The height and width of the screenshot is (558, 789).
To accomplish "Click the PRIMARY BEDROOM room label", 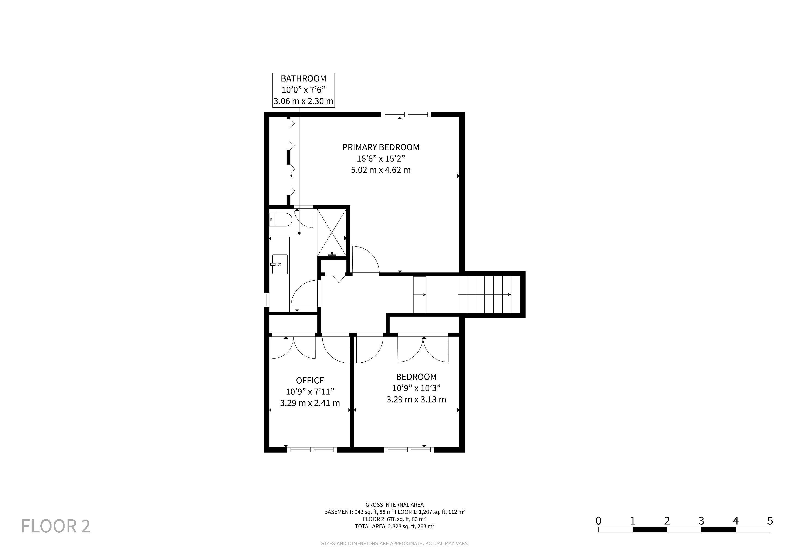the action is [x=381, y=147].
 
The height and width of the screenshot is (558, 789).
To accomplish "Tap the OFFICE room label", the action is [x=310, y=380].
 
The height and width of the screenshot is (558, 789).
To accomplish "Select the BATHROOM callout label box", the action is [x=304, y=90].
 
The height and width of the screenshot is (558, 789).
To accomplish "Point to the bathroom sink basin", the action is [x=280, y=264].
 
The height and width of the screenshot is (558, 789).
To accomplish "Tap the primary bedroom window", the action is [x=406, y=114].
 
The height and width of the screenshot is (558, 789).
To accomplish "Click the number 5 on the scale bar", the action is [x=770, y=521].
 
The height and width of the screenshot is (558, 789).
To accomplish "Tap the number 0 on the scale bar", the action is [x=599, y=521].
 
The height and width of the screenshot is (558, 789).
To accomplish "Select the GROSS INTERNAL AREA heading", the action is [x=394, y=505].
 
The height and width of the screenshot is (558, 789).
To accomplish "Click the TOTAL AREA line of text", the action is [x=394, y=526].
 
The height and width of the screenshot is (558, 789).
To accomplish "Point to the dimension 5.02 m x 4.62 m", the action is [x=381, y=170].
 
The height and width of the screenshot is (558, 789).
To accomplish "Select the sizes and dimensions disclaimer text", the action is [x=394, y=544].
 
